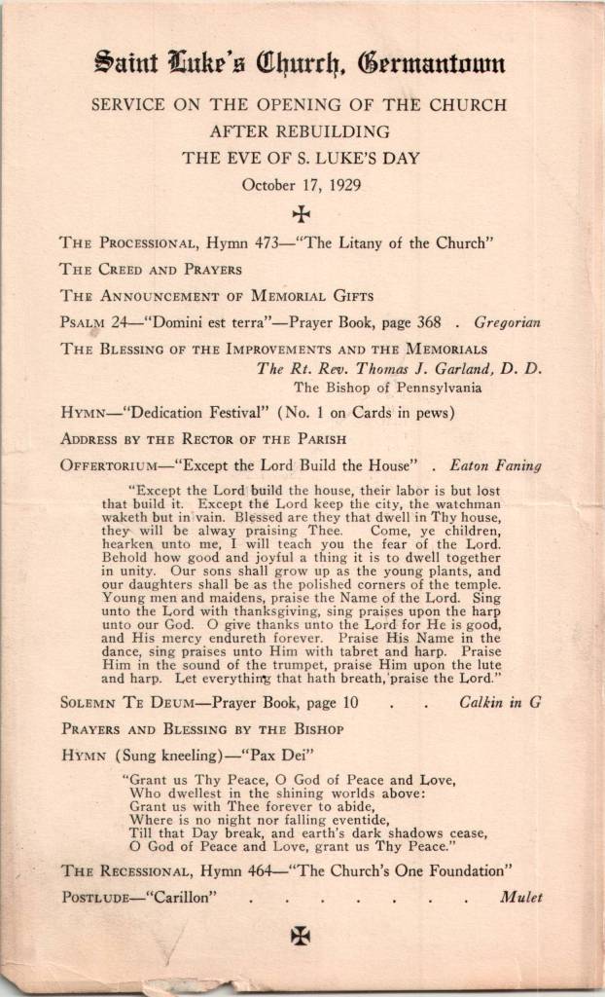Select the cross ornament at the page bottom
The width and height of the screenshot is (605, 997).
click(x=301, y=937)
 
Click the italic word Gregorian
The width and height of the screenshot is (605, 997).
click(x=507, y=322)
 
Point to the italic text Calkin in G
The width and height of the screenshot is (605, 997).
click(x=499, y=702)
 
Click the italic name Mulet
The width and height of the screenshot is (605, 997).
click(x=520, y=898)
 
